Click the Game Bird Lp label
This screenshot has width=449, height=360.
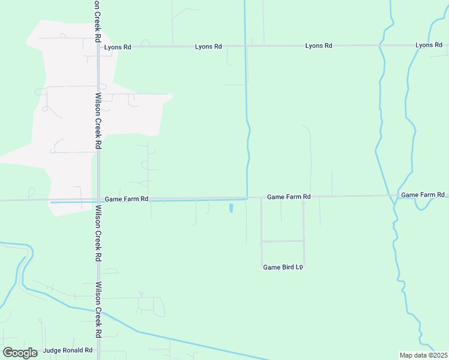coord(282,267)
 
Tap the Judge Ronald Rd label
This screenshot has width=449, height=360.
coord(68,350)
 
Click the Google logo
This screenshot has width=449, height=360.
coord(20,353)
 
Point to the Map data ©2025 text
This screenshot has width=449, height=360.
coord(423,355)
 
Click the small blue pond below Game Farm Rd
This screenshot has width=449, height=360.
coord(231,208)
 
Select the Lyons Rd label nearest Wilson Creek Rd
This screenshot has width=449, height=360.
coord(117,47)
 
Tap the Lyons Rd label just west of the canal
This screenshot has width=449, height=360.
coord(208,46)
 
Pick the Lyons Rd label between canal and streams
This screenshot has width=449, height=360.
coord(319,46)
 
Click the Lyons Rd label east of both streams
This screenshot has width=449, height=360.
coord(429,45)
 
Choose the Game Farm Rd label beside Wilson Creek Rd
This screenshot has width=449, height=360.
coord(126,199)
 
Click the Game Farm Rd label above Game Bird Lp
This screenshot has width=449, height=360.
coord(289,197)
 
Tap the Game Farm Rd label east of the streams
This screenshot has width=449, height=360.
coord(423,195)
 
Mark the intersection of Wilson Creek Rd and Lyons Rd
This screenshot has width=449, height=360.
coord(98,46)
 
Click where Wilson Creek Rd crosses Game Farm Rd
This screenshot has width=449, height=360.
coord(98,199)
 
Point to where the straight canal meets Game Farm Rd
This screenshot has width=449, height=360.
coord(247,197)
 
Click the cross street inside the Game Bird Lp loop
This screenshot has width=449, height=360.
coord(282,241)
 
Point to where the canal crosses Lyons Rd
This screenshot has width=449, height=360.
coord(245,46)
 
